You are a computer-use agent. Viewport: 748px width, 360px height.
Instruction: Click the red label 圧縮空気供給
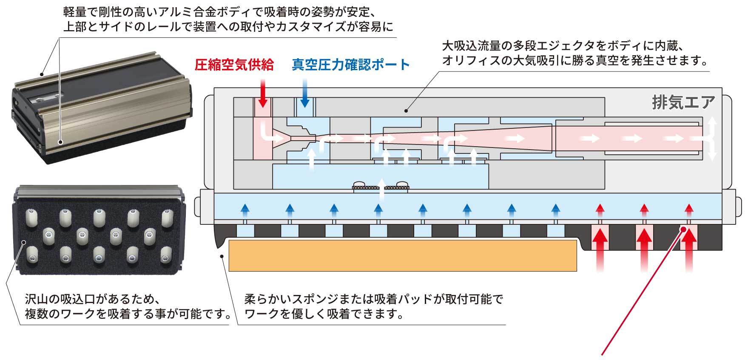pyautogui.click(x=234, y=65)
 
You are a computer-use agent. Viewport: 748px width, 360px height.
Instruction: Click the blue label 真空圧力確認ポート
pyautogui.click(x=351, y=65)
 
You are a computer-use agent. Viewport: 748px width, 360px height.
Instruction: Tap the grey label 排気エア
pyautogui.click(x=683, y=102)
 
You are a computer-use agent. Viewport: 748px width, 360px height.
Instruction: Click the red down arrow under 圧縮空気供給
pyautogui.click(x=263, y=91)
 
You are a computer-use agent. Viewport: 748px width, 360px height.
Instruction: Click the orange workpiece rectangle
pyautogui.click(x=402, y=255)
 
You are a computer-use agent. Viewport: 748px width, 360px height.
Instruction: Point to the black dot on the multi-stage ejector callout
pyautogui.click(x=406, y=111)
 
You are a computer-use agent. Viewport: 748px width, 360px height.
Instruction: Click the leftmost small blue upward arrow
pyautogui.click(x=245, y=208)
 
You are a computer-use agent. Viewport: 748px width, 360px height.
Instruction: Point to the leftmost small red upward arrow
pyautogui.click(x=600, y=208)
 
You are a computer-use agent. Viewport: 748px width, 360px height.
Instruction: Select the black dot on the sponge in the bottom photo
pyautogui.click(x=24, y=243)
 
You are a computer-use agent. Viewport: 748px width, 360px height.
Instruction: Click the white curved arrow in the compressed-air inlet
pyautogui.click(x=268, y=133)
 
